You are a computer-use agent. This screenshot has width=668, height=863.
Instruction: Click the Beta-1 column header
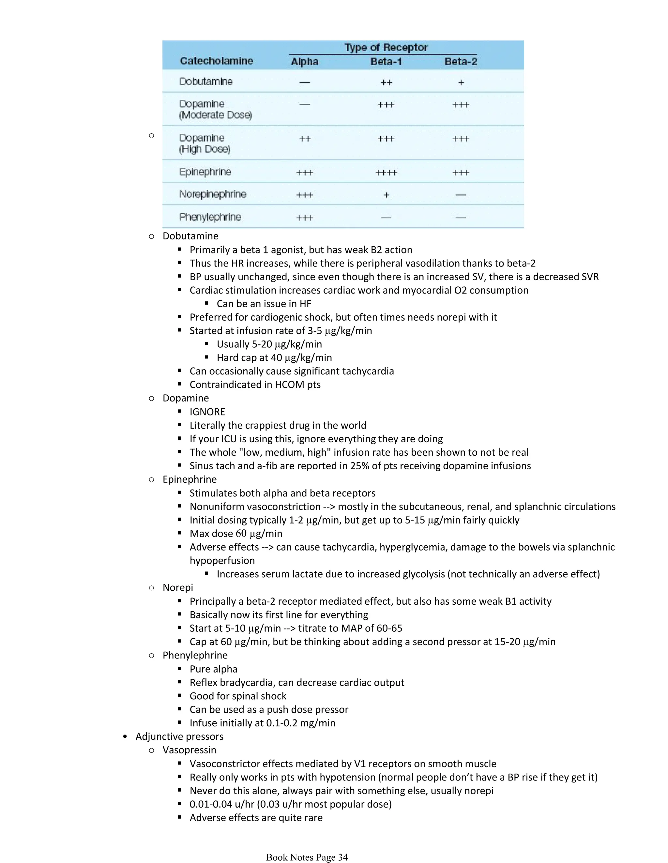click(x=386, y=62)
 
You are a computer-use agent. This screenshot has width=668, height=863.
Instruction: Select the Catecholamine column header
click(x=216, y=61)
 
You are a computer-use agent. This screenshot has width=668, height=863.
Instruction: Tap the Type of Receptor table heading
click(x=386, y=47)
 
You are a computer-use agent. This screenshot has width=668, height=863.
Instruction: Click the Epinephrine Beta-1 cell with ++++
click(x=386, y=173)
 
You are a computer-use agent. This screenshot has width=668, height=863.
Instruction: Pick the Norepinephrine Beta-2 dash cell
click(x=461, y=195)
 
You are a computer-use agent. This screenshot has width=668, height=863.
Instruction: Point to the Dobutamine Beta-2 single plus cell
click(x=461, y=83)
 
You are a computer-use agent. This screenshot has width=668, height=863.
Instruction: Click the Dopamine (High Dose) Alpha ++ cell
click(x=305, y=139)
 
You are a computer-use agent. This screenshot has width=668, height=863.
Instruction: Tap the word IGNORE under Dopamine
click(x=207, y=412)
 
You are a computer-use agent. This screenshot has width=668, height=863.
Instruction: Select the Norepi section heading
click(x=178, y=588)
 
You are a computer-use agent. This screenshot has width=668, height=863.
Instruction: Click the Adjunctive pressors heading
click(x=179, y=736)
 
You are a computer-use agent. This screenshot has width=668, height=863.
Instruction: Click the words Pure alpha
click(x=213, y=669)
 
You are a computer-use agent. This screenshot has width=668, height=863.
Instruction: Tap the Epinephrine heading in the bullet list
click(x=189, y=479)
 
